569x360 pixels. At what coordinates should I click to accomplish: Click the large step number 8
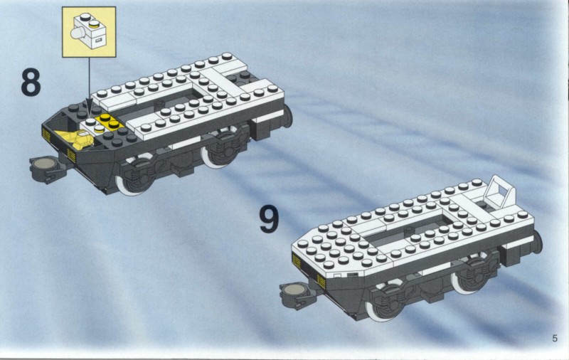(31, 83)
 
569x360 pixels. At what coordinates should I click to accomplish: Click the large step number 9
(269, 219)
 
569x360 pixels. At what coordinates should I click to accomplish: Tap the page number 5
(555, 338)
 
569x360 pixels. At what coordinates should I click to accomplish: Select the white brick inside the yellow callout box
(90, 32)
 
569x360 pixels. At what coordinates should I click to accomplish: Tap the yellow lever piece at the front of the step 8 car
(78, 139)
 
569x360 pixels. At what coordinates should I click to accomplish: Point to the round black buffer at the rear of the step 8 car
(288, 116)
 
